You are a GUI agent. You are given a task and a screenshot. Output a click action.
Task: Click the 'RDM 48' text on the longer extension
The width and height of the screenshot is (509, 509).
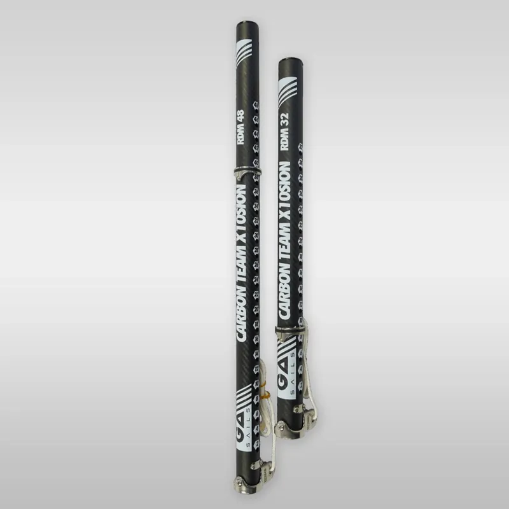click(243, 129)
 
